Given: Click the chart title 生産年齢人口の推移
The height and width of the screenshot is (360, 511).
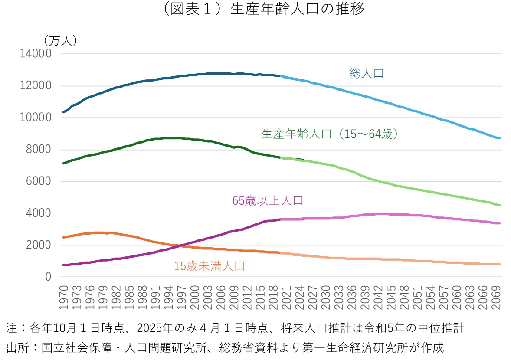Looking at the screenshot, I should click(255, 10).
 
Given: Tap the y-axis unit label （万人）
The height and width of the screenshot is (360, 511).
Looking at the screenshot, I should click(60, 40).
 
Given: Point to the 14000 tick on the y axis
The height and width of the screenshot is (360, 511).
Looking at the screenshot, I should click(36, 54).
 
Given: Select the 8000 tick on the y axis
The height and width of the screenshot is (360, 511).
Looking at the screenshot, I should click(39, 150).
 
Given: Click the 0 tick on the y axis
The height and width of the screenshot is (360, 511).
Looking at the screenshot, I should click(48, 277).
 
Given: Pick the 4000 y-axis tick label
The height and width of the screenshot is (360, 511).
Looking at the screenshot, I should click(39, 213).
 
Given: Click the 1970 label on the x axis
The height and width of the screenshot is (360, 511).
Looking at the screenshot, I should click(64, 298).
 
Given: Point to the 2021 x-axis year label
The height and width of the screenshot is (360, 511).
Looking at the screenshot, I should click(286, 298).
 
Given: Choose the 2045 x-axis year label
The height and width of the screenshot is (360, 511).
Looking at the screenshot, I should click(390, 298).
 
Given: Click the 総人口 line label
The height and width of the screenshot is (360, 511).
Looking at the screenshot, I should click(367, 73).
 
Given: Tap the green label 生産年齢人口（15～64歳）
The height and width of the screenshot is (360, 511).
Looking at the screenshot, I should click(330, 134).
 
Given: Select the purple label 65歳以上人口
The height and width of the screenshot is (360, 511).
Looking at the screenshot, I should click(268, 201).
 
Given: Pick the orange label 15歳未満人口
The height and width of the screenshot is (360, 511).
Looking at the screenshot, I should click(210, 266).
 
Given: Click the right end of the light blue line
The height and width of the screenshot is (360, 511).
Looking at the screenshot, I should click(500, 138).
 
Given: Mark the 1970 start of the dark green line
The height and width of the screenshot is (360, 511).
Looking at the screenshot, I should click(64, 163).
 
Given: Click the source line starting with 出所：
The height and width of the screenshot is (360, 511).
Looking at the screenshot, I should click(225, 348).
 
